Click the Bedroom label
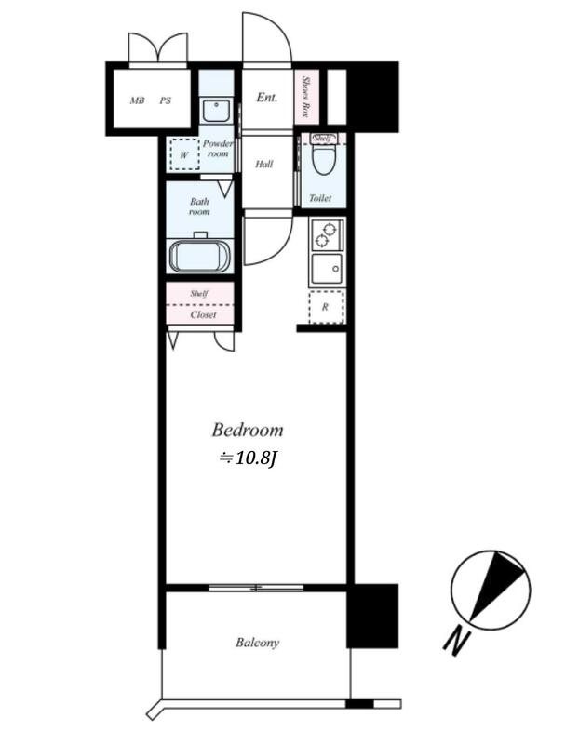point(247,431)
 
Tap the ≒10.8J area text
point(248,458)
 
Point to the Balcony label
point(257,643)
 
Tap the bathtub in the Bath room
point(200,254)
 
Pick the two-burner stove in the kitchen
point(327,234)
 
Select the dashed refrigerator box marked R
point(326,306)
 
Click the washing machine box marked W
point(184,153)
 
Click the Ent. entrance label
point(266,98)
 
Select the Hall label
point(264,165)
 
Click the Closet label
point(203,315)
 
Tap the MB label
point(137,100)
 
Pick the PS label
point(165,100)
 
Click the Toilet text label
point(320,198)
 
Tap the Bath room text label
point(199,206)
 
